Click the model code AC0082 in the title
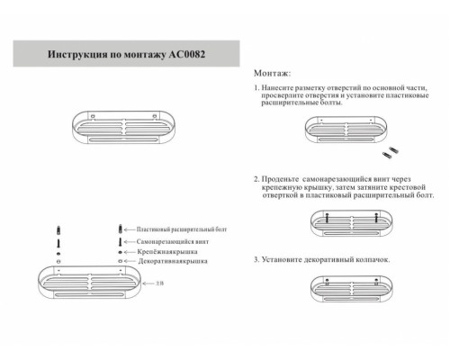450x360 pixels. pos(184,55)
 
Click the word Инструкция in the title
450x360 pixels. pos(75,55)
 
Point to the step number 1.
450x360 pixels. pos(256,89)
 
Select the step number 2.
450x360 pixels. pos(256,179)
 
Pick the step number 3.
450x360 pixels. pos(256,259)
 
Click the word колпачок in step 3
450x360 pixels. pos(372,259)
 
